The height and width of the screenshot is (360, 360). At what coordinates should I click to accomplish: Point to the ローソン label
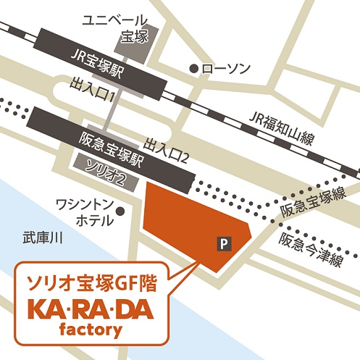[226, 69]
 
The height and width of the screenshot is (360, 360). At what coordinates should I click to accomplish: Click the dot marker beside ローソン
[193, 69]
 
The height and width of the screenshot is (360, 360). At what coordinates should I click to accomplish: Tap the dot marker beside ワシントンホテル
[121, 212]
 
